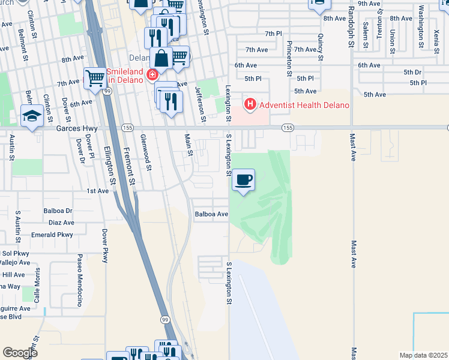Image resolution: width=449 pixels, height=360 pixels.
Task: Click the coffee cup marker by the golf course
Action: [243, 180]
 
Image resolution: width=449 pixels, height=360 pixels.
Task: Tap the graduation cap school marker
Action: [32, 116]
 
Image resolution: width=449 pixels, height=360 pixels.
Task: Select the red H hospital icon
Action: [250, 105]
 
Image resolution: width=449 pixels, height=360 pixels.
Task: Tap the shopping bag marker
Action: [161, 59]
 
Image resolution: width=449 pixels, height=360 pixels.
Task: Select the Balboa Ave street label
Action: [211, 214]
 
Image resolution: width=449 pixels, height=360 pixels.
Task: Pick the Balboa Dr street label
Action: [58, 211]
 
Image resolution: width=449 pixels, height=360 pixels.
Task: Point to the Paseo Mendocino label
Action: [79, 280]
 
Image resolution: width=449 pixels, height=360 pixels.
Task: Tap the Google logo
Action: [20, 353]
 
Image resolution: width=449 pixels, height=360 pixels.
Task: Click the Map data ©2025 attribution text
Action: [423, 355]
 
